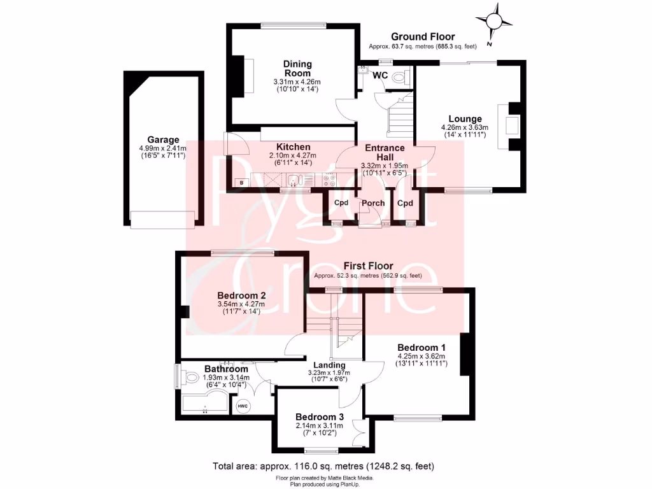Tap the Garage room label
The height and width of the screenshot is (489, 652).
(163, 140)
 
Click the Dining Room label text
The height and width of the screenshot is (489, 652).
(297, 68)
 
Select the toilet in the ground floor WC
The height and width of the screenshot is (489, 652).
(399, 77)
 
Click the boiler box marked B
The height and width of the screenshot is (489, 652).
(241, 183)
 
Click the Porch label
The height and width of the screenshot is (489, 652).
(373, 203)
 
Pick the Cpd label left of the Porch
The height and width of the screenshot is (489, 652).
(342, 203)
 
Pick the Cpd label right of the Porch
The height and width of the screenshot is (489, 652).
(405, 203)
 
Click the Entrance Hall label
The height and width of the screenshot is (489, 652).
(384, 153)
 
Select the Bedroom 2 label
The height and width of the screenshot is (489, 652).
(241, 295)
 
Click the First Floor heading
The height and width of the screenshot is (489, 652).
(368, 266)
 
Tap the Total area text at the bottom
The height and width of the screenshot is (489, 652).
(323, 466)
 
